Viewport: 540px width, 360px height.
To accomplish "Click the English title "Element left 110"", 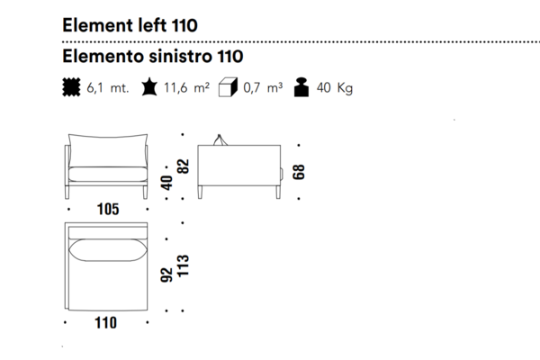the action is (130, 25).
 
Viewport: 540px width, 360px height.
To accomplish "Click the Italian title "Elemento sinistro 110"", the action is (153, 56).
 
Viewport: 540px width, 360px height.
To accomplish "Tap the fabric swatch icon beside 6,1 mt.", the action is (71, 87).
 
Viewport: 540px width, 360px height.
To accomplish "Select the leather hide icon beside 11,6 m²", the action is (149, 86).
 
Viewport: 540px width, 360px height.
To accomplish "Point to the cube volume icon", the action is (228, 87).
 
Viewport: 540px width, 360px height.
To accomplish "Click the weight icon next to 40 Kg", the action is (301, 87).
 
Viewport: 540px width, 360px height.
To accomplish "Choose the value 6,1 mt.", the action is (108, 88).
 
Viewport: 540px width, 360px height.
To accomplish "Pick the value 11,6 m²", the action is (186, 87).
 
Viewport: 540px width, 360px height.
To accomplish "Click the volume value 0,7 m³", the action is (263, 87).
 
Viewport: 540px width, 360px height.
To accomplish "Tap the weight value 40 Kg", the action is (335, 88).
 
